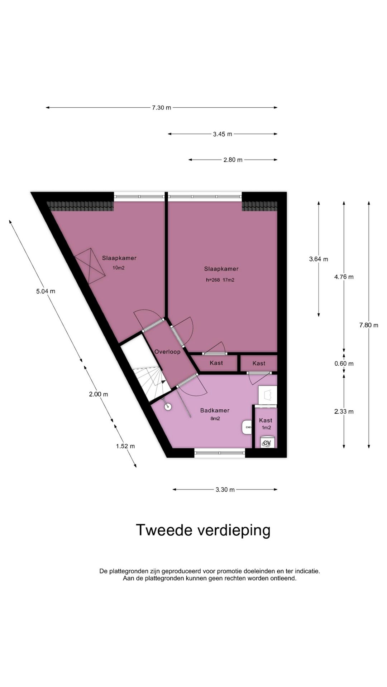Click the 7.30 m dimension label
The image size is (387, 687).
(161, 107)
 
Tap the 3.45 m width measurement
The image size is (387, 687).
(223, 134)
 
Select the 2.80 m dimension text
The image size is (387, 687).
(233, 160)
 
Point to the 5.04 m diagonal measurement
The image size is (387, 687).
(46, 291)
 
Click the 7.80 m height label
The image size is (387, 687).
(369, 325)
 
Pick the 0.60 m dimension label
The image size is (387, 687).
(344, 364)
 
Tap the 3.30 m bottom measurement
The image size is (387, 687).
(225, 490)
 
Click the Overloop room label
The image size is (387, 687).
(167, 352)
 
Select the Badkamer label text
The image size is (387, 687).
(215, 410)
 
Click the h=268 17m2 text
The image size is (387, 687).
(220, 280)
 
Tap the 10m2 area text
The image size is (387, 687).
(119, 268)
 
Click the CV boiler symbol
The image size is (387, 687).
(267, 443)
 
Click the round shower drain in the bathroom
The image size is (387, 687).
(167, 406)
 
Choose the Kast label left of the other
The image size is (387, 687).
(216, 363)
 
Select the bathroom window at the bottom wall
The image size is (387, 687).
(220, 453)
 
